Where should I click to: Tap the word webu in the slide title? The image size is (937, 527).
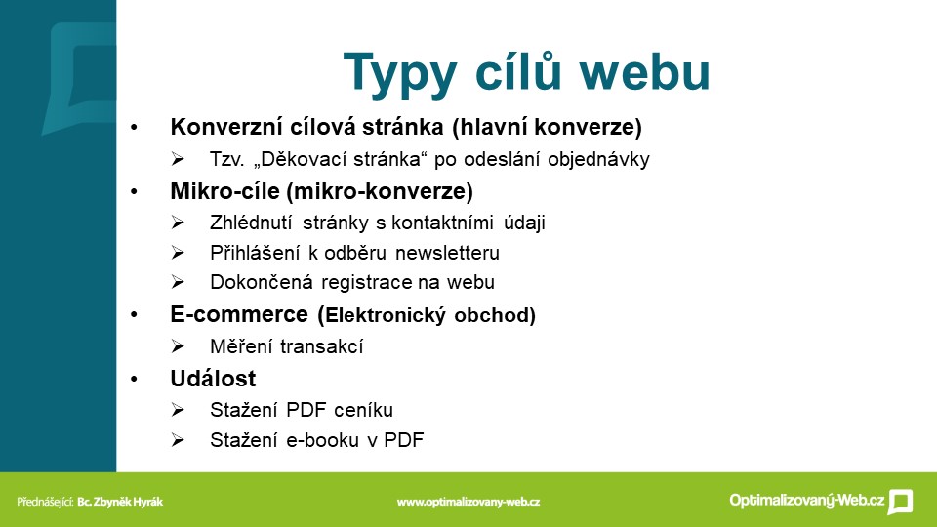point(644,71)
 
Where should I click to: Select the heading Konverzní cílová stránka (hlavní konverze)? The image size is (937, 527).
point(406,127)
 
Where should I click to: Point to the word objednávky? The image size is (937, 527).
point(598,160)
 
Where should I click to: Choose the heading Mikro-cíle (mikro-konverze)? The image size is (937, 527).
point(321,191)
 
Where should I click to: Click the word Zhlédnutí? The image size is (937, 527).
point(251,223)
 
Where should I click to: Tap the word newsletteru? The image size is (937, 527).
point(447,253)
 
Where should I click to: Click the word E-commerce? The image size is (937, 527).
point(239,314)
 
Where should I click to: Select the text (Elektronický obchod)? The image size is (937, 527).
point(427,315)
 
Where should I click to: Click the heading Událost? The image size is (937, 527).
point(213,379)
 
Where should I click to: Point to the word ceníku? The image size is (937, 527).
point(363,410)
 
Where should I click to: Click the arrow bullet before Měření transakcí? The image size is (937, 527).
point(178,346)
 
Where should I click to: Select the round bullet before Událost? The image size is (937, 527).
point(134,380)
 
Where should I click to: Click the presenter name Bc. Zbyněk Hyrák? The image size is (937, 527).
point(119,502)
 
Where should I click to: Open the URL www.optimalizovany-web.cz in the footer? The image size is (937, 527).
point(468,502)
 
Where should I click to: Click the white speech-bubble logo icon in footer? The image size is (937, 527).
point(900,502)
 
